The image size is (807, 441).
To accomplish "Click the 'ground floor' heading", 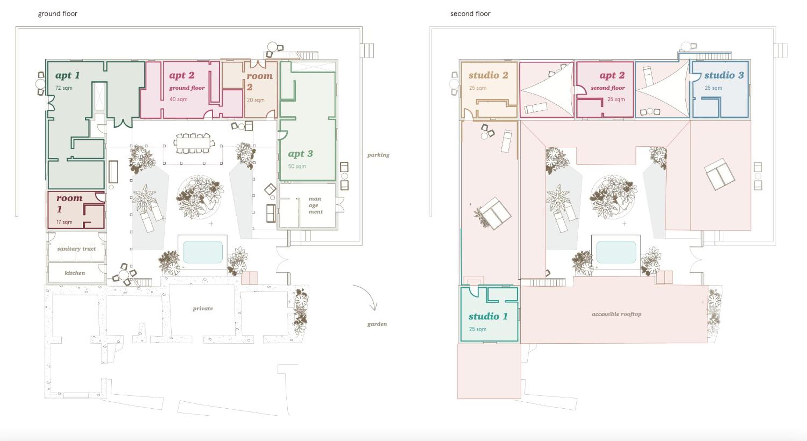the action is [x=57, y=14].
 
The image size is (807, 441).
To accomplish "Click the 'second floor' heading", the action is [x=470, y=14].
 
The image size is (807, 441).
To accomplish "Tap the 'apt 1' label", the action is [x=67, y=75].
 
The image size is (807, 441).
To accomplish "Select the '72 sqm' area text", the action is [x=64, y=88].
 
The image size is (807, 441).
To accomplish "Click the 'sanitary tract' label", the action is [x=76, y=249].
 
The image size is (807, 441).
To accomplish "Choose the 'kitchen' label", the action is [x=75, y=273].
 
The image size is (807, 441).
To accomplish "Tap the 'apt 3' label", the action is [x=300, y=154].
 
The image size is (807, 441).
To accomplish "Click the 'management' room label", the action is [x=315, y=205].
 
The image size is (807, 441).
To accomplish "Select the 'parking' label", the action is [x=378, y=155].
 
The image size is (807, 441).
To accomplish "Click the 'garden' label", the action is [x=377, y=324].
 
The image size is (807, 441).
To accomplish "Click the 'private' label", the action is [x=203, y=309].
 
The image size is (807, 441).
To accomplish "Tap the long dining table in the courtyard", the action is [x=193, y=143].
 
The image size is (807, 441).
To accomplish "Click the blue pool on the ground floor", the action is [x=203, y=252].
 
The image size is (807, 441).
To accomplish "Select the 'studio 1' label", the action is [x=488, y=316].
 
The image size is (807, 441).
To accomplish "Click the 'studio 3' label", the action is [x=724, y=75].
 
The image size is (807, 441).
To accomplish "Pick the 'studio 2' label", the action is [x=488, y=75].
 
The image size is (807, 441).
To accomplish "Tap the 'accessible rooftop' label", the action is [x=616, y=314].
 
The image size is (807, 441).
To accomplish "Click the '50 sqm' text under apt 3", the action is [x=297, y=166].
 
